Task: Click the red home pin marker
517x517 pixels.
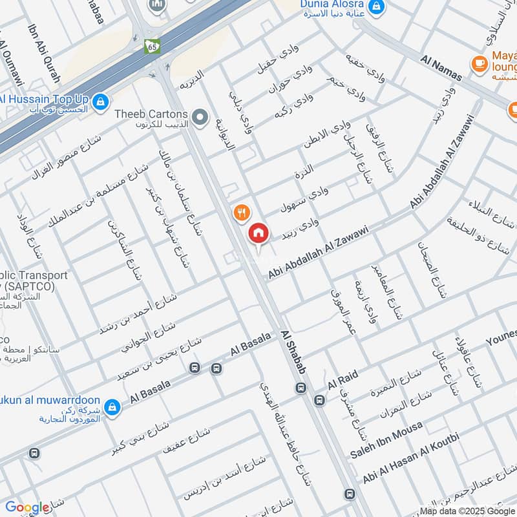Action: click(258, 233)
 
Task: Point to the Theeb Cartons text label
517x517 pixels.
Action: click(151, 114)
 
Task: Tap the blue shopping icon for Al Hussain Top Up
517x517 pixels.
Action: click(100, 101)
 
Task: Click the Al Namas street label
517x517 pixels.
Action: click(441, 68)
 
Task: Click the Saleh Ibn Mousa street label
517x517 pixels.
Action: click(386, 439)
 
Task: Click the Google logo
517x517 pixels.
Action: click(26, 508)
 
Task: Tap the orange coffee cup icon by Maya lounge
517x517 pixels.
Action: click(479, 62)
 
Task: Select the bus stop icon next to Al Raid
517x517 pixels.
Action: click(319, 401)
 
